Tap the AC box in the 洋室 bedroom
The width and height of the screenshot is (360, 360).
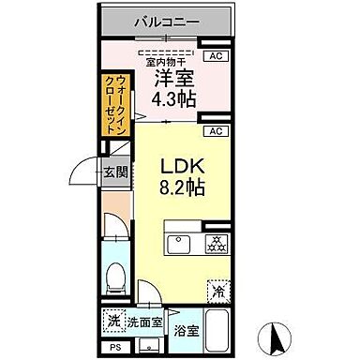point(216,56)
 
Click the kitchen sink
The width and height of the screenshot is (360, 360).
point(178,244)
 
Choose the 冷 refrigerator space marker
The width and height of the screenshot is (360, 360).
point(217,291)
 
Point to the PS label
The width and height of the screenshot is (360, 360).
point(113,348)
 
